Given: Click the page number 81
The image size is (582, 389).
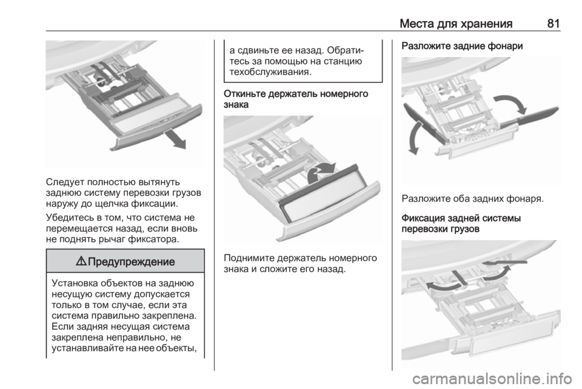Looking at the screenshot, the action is pyautogui.click(x=553, y=24).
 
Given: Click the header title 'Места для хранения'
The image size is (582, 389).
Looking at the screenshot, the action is pyautogui.click(x=456, y=24).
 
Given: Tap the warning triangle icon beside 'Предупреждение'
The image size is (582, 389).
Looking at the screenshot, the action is pyautogui.click(x=81, y=261).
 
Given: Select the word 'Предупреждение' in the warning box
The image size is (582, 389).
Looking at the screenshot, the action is pyautogui.click(x=132, y=261).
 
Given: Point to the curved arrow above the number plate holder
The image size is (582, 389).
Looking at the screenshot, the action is pyautogui.click(x=321, y=171).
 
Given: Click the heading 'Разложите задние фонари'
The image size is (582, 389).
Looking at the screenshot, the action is pyautogui.click(x=462, y=46).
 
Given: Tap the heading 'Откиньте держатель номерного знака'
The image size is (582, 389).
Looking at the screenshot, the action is pyautogui.click(x=296, y=99).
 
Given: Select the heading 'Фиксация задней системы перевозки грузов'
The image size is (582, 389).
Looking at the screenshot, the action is pyautogui.click(x=461, y=223).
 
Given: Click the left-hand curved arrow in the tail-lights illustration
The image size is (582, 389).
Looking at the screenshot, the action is pyautogui.click(x=416, y=137).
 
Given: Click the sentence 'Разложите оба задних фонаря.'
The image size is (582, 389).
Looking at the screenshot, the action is pyautogui.click(x=472, y=199).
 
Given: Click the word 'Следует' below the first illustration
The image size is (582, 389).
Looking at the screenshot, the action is pyautogui.click(x=65, y=182).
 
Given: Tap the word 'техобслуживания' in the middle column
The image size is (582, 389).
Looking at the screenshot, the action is pyautogui.click(x=269, y=72).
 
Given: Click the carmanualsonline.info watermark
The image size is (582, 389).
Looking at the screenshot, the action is pyautogui.click(x=492, y=379).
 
